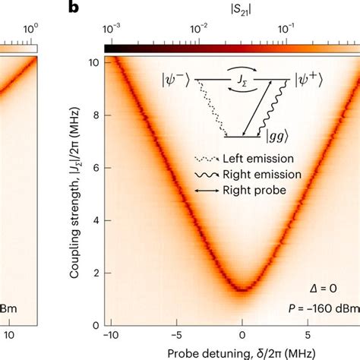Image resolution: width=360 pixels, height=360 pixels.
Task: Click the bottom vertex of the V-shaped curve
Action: pyautogui.click(x=242, y=289)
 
